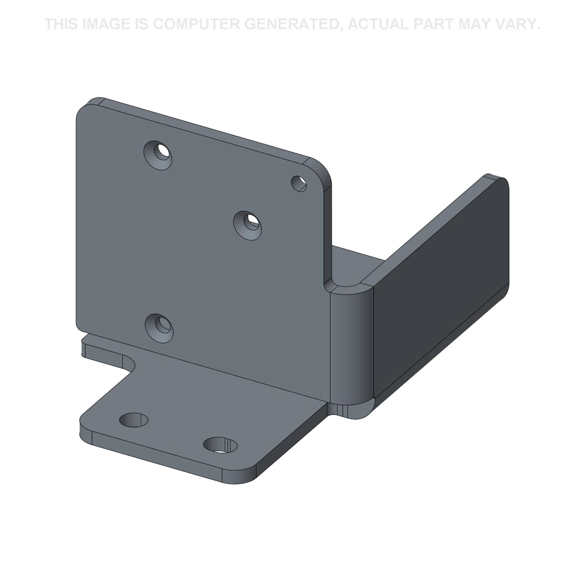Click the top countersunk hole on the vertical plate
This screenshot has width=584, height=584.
tap(158, 155)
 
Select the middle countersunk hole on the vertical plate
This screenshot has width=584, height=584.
tap(248, 225)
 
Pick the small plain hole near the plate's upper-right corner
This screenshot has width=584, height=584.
tap(299, 183)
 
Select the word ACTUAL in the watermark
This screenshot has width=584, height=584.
tap(378, 24)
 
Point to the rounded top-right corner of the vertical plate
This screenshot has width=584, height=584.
tap(324, 172)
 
